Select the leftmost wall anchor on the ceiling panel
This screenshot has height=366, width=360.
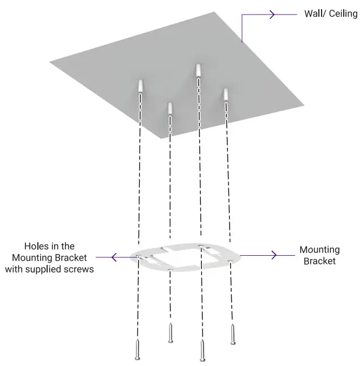tap(141, 85)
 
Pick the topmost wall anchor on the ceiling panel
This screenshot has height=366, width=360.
tap(199, 70)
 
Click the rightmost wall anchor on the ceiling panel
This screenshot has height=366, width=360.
tap(226, 94)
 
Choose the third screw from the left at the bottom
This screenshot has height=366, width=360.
tap(202, 350)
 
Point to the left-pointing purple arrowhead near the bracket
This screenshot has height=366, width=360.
tap(114, 257)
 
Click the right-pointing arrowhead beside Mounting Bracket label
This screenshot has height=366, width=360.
tap(274, 254)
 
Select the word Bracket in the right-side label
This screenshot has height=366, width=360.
tap(319, 261)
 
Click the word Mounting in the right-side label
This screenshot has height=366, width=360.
tap(319, 250)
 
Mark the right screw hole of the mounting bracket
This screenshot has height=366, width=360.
tap(231, 261)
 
